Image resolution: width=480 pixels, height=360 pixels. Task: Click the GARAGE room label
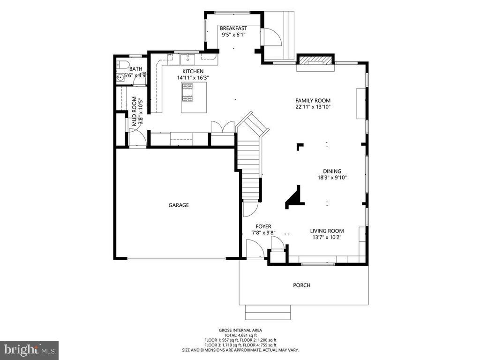pos(179,205)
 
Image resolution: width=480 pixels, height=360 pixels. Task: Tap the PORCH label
pos(301,285)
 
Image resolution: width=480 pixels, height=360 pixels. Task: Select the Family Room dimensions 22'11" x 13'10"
pos(313,107)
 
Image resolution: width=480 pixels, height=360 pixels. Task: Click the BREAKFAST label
pos(233,28)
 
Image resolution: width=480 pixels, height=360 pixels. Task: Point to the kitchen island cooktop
pos(187,92)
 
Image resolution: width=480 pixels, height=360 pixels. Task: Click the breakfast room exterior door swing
pos(272,37)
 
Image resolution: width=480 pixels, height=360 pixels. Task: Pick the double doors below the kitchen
pos(222,127)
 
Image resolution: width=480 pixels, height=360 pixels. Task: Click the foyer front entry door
pos(255,248)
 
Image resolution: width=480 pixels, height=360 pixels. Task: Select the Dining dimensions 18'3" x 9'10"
pos(332,177)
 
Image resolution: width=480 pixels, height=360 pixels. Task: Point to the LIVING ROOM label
pos(327,231)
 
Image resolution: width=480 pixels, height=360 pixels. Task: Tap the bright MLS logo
pos(29,350)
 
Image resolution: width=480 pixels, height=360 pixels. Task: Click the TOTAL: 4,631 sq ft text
pos(240,335)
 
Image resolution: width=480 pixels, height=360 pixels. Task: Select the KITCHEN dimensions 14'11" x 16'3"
pos(193,78)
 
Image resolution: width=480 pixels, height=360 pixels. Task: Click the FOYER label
pos(263,226)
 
